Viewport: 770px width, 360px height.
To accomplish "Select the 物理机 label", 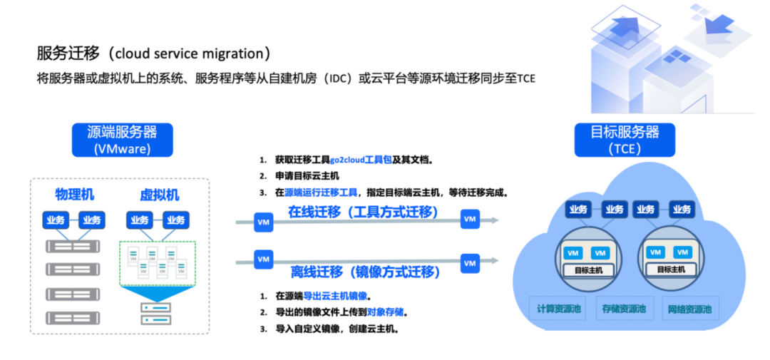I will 74,195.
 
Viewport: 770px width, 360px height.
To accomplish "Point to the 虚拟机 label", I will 159,195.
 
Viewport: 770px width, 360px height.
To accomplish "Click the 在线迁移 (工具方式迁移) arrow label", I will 363,212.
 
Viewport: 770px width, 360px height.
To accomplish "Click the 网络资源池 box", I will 689,309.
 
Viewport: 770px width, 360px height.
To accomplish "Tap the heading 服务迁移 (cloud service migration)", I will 154,53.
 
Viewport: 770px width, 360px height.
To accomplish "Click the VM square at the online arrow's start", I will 263,222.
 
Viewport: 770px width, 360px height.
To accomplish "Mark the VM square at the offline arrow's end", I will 469,262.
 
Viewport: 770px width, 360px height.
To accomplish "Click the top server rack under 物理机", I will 73,247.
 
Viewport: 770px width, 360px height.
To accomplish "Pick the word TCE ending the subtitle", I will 526,78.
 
